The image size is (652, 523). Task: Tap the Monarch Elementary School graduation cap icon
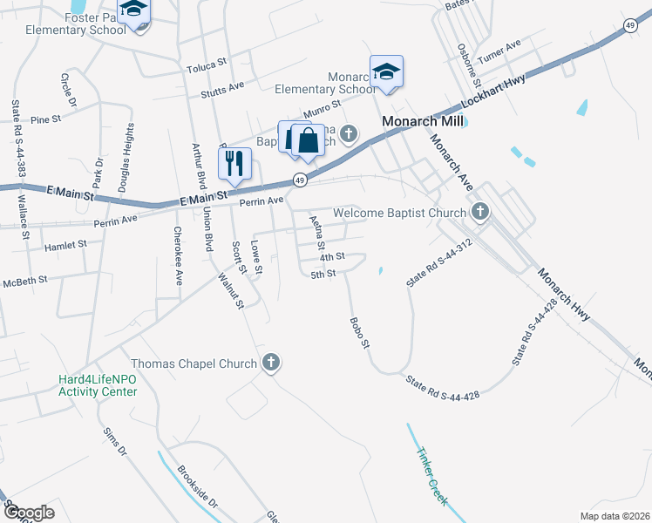tap(386, 71)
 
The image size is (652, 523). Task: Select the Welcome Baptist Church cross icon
tap(479, 212)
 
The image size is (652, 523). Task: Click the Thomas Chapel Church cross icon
tap(271, 363)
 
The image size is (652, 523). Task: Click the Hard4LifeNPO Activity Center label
tap(98, 385)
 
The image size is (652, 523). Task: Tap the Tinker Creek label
tap(431, 478)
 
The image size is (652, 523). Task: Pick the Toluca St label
tap(206, 64)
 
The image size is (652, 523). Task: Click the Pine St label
tap(45, 118)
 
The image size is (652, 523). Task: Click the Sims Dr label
tap(115, 441)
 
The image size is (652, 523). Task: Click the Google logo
tap(29, 512)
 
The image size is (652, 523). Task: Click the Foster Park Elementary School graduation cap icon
tap(133, 10)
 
